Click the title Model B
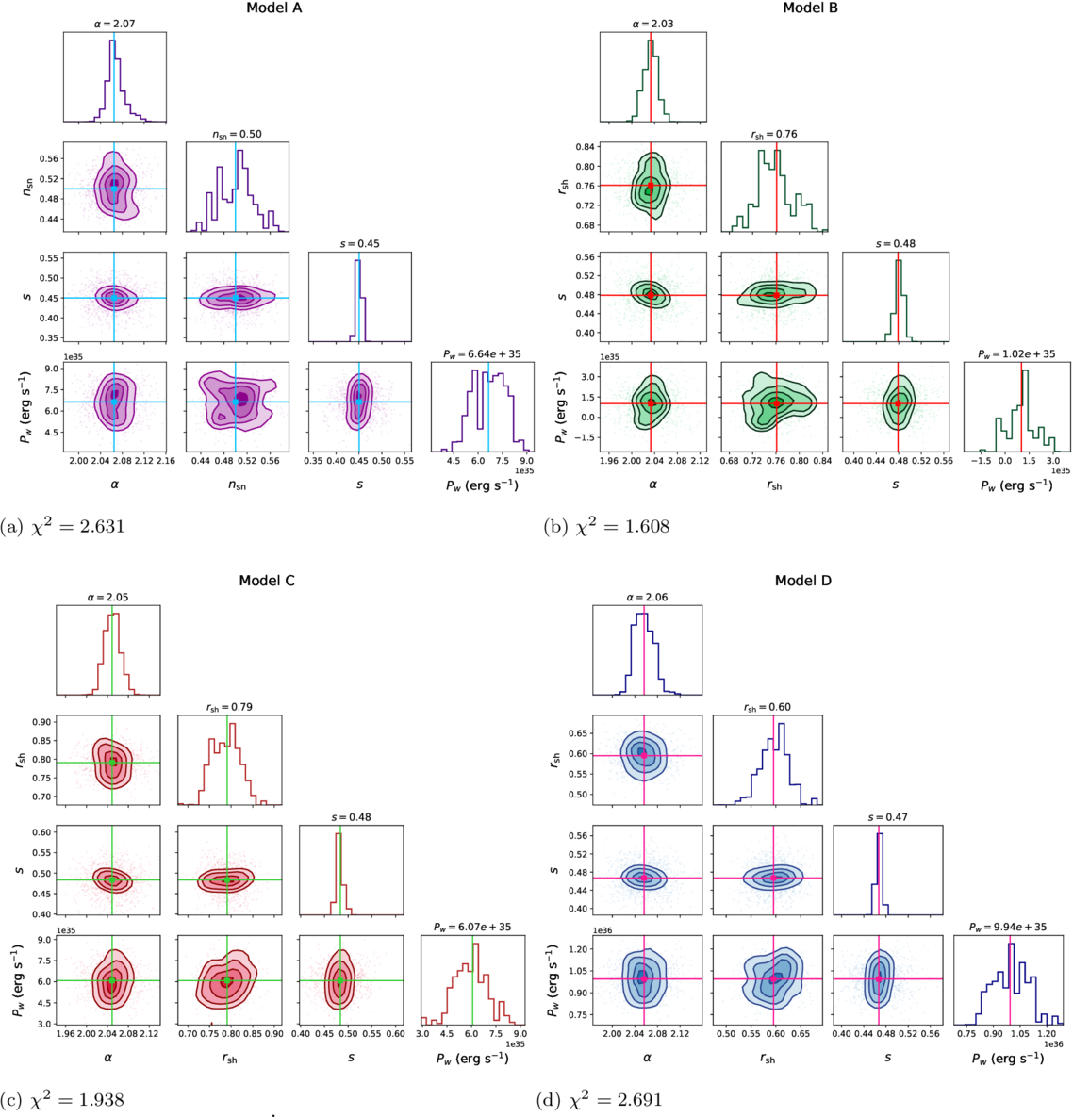pos(811,8)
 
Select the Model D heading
pos(803,581)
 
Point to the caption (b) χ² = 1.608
pos(606,527)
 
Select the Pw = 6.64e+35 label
pos(482,354)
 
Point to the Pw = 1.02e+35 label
pos(1017,354)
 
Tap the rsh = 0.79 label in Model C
pos(229,707)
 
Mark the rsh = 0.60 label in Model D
pos(768,707)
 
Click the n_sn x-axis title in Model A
pos(236,485)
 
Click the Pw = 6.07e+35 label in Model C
pos(473,928)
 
